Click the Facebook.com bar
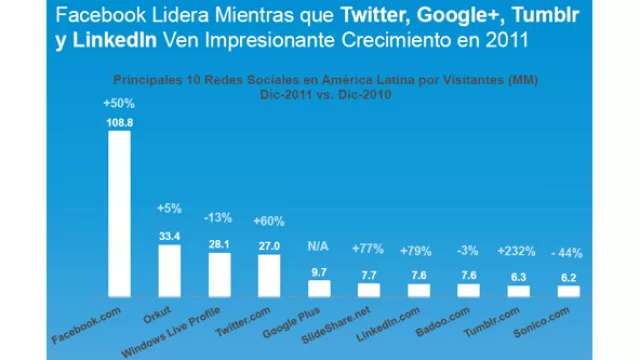pos(119,214)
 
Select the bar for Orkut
pos(169,271)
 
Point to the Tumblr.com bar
pos(518,292)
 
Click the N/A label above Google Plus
pos(318,246)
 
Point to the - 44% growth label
pos(568,250)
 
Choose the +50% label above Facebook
pos(119,103)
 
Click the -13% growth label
pos(219,218)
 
